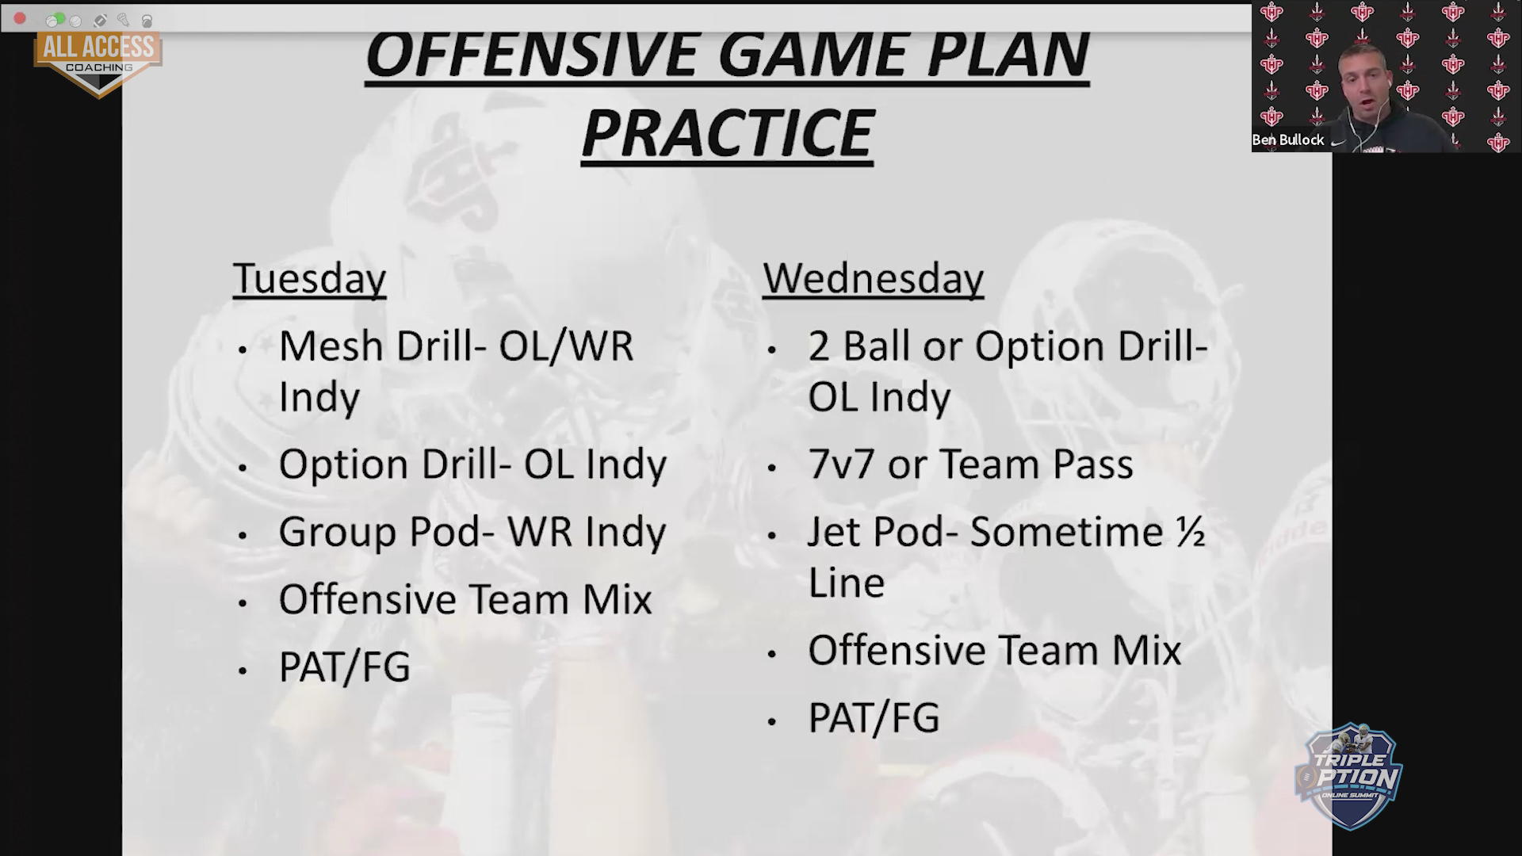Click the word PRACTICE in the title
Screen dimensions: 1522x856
727,133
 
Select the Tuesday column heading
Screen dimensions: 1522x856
309,279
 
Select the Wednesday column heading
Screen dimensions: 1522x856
873,279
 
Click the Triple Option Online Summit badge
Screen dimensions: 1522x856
1348,775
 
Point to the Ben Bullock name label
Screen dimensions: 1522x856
1288,140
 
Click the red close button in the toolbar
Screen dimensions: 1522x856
20,18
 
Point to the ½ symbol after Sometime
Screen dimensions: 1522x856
1191,531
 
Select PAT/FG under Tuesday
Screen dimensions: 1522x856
345,667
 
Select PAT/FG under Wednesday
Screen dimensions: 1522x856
874,717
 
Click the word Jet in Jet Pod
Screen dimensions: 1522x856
834,532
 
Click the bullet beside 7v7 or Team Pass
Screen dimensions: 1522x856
772,468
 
